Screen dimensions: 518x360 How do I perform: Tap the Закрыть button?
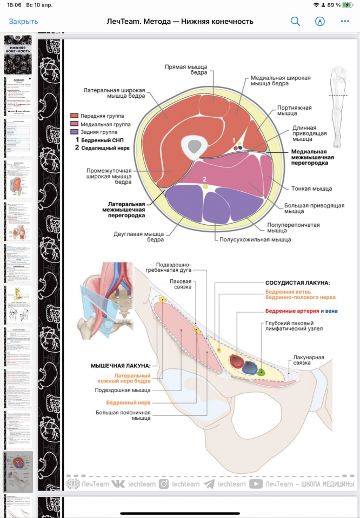click(23, 22)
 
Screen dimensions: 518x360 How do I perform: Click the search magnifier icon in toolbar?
click(295, 22)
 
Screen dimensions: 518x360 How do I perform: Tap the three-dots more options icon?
click(345, 22)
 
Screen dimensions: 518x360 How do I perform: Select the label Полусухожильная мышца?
click(255, 239)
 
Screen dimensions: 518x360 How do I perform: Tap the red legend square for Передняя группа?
click(74, 116)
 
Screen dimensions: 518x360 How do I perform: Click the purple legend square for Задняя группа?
click(74, 131)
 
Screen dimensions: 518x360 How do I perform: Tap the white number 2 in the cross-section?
click(204, 179)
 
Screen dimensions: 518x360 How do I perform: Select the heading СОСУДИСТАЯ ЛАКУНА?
click(297, 282)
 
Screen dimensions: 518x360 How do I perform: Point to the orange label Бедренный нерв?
click(128, 403)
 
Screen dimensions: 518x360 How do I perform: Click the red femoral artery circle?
click(236, 362)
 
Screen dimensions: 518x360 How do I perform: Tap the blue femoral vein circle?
click(250, 367)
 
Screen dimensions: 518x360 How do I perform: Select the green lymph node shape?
click(262, 372)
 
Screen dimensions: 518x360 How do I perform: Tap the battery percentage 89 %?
click(333, 5)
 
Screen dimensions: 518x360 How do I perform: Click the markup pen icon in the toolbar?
click(320, 22)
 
